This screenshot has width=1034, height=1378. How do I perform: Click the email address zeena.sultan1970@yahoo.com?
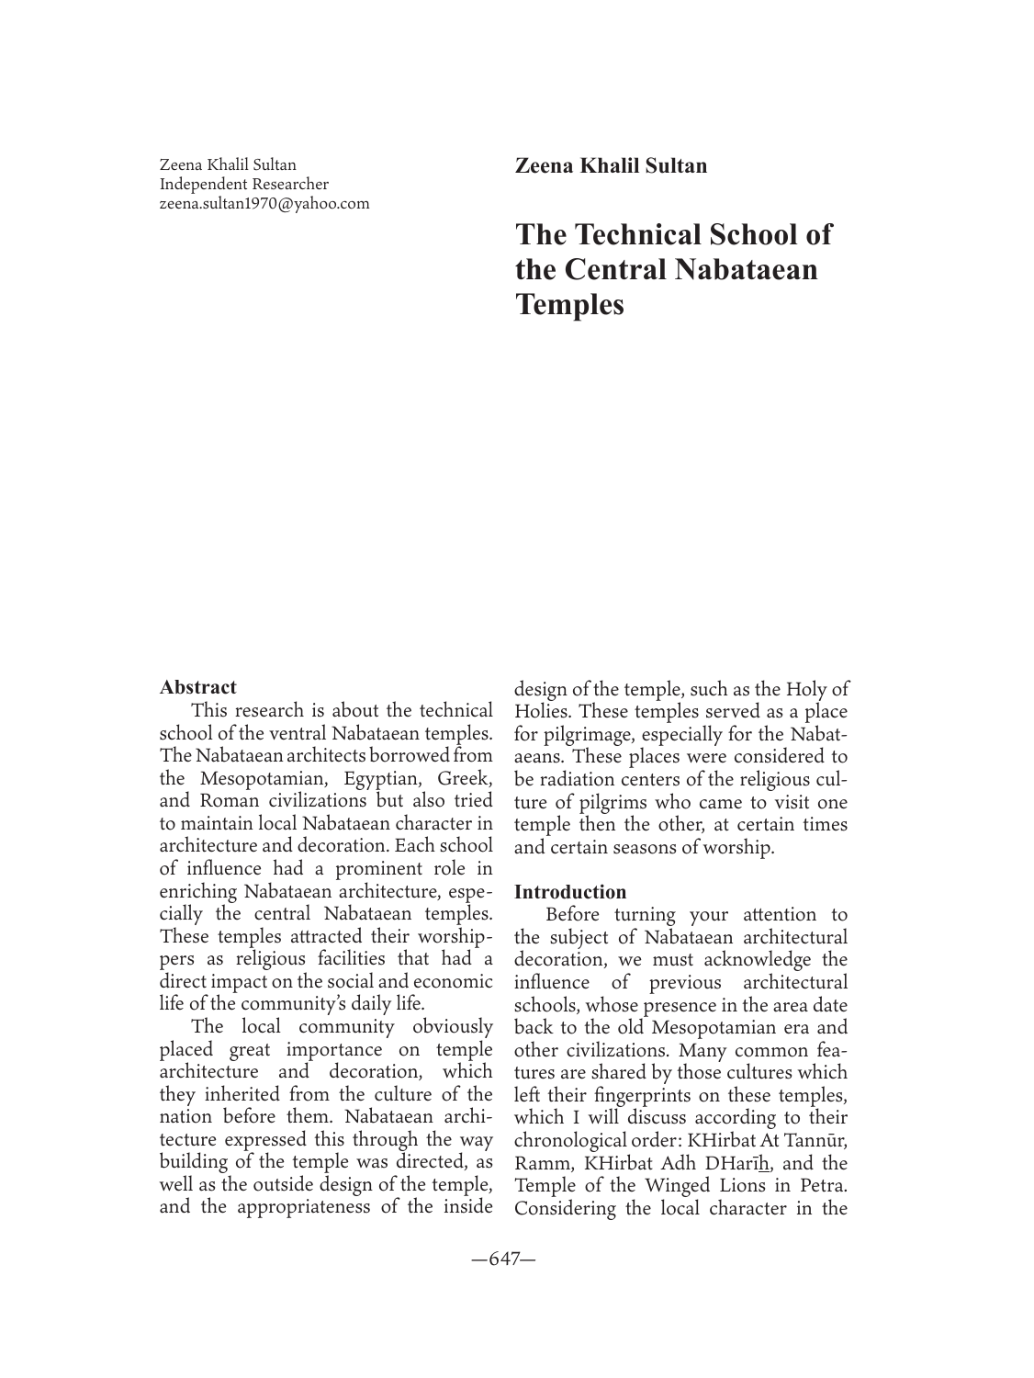coord(264,204)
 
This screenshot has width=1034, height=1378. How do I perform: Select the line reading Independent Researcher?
coord(243,185)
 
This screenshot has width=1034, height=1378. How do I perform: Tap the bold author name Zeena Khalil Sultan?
coord(611,166)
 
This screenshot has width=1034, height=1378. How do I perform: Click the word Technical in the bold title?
coord(672,234)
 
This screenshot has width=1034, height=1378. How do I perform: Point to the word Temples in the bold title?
coord(569,304)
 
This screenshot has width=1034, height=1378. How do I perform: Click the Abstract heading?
coord(197,687)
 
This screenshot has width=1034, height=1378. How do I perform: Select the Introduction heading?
coord(570,892)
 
